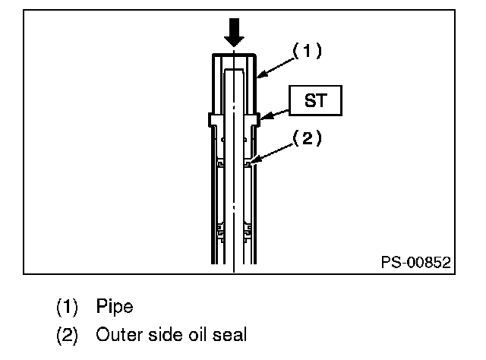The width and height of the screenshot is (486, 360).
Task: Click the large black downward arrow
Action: coord(234,32)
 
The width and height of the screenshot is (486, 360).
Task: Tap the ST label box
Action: coord(316,100)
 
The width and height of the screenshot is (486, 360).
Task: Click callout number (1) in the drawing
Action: coord(307,51)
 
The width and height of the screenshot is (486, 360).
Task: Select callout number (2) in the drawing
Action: coord(307,138)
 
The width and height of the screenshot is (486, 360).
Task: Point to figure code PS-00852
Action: coord(415,262)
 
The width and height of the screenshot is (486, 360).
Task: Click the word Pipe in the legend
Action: coord(115,306)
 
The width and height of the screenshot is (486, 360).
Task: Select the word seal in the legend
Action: coord(229,335)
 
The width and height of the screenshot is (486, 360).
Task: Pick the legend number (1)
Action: coord(67,307)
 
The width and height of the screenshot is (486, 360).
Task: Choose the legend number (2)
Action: coord(67,335)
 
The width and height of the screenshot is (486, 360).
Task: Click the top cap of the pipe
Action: coord(234,55)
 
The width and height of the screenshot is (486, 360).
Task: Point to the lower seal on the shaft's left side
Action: coord(220,232)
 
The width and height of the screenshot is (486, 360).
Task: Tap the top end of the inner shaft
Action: coord(234,70)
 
